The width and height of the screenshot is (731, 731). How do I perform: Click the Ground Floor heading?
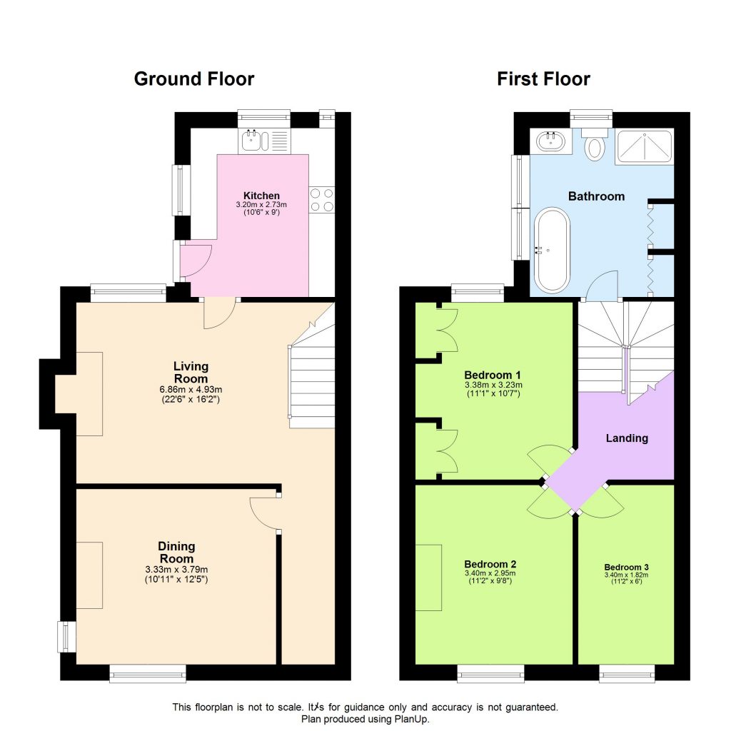(x=193, y=79)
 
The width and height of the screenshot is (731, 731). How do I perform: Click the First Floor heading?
(x=543, y=79)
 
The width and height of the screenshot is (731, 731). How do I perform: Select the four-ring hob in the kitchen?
(x=322, y=199)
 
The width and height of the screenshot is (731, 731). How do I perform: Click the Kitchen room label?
(x=261, y=196)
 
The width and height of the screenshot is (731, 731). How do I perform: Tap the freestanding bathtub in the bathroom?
(x=552, y=250)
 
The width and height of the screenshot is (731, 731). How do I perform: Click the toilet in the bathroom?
(x=594, y=147)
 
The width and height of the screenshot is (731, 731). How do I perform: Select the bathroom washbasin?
(x=552, y=141)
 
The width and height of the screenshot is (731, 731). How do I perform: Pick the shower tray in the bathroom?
(x=645, y=147)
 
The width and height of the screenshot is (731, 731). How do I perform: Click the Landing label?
(x=626, y=438)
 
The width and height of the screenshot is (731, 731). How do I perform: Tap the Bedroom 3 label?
(x=625, y=568)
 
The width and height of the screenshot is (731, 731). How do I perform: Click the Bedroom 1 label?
(x=493, y=375)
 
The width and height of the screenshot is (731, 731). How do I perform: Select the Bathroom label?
(x=596, y=196)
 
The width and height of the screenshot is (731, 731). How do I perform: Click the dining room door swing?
(x=264, y=513)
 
